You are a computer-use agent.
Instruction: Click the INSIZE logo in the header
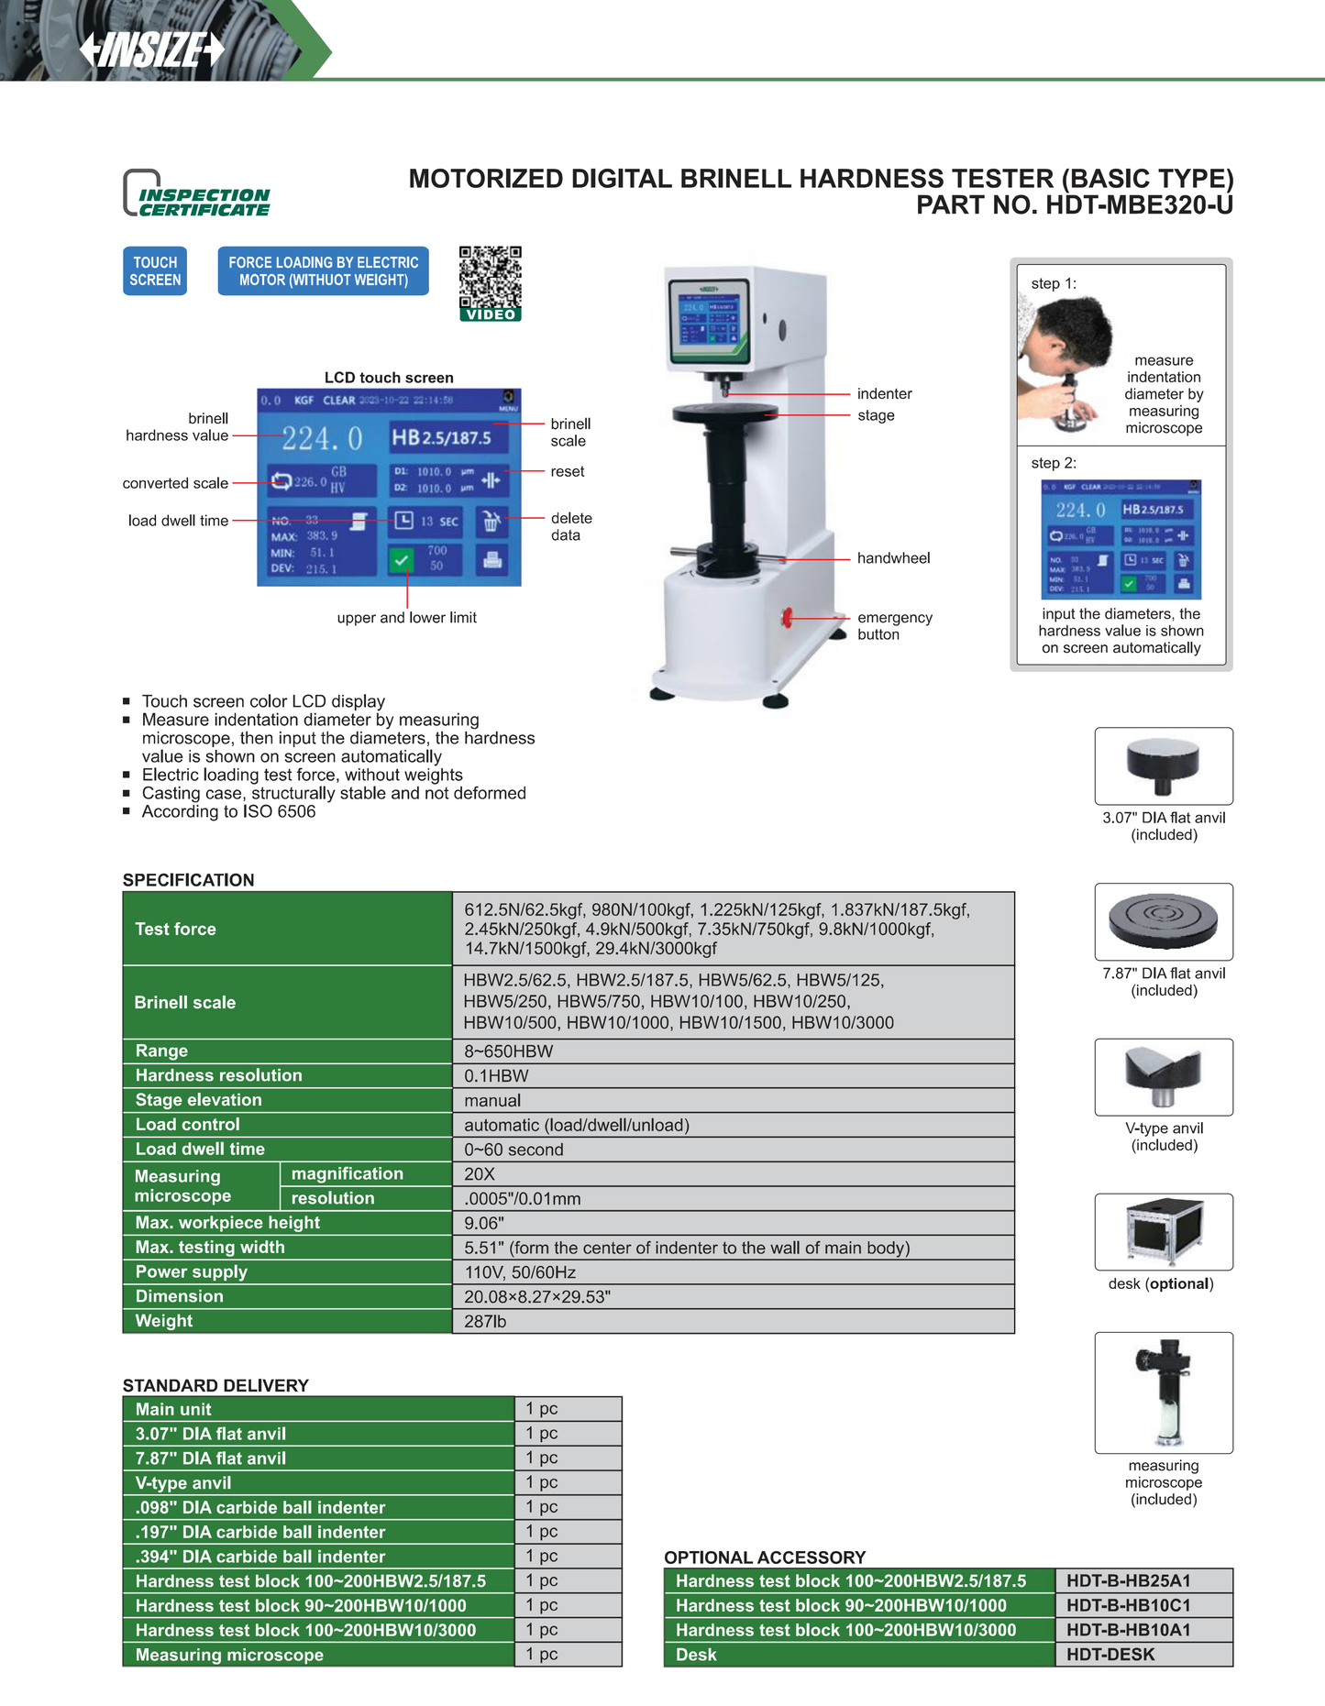tap(152, 50)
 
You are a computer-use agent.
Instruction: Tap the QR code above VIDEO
tap(491, 277)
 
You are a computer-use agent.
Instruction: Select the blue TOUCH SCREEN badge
tap(155, 271)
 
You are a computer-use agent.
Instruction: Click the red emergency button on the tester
tap(787, 618)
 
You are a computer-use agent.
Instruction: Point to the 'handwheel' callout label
tap(893, 558)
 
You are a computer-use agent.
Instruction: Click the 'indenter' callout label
tap(884, 394)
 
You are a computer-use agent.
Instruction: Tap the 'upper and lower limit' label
tap(406, 618)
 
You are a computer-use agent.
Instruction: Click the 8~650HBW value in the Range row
tap(508, 1051)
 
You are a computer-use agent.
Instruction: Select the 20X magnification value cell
tap(480, 1174)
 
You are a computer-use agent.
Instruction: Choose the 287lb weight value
tap(485, 1321)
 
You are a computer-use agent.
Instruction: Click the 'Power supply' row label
tap(192, 1271)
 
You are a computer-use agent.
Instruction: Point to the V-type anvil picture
tap(1163, 1076)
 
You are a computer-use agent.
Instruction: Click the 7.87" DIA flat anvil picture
tap(1163, 921)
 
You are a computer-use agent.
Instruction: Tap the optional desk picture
tap(1163, 1231)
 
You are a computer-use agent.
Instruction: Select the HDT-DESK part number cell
tap(1110, 1655)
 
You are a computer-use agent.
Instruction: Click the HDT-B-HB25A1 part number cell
tap(1128, 1580)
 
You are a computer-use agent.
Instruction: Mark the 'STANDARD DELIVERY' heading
tap(215, 1385)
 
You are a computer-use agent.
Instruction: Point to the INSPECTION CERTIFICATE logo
tap(197, 194)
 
